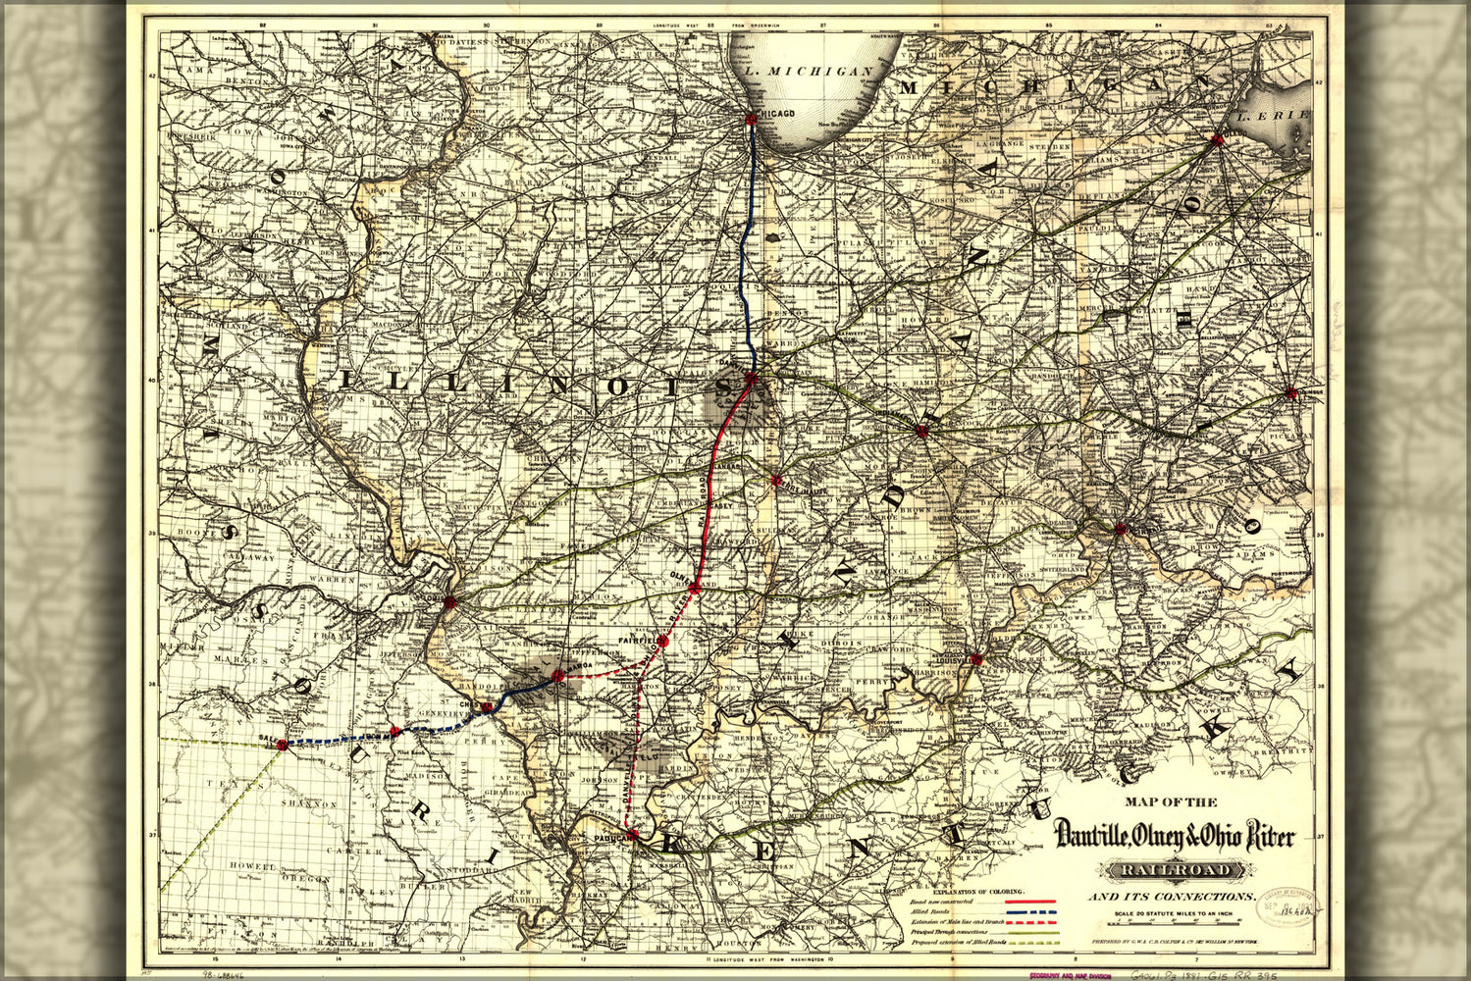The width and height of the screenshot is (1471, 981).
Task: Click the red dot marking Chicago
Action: tap(752, 119)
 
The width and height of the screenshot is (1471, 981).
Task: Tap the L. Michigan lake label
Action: tap(808, 72)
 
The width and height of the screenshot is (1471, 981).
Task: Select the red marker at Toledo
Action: tap(1217, 139)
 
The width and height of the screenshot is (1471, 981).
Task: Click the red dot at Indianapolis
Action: tap(920, 430)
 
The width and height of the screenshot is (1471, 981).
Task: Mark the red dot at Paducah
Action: tap(633, 835)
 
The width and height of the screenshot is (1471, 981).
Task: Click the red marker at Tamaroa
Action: tap(557, 675)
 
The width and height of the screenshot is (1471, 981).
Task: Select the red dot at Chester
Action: tap(486, 706)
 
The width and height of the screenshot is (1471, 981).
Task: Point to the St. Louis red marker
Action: tap(449, 601)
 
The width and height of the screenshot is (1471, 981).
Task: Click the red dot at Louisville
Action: tap(974, 659)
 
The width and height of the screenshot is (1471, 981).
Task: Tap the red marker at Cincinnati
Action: tap(1120, 528)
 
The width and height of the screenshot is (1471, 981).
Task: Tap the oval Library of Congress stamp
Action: tap(1288, 904)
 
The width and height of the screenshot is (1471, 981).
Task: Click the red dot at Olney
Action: tap(695, 587)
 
